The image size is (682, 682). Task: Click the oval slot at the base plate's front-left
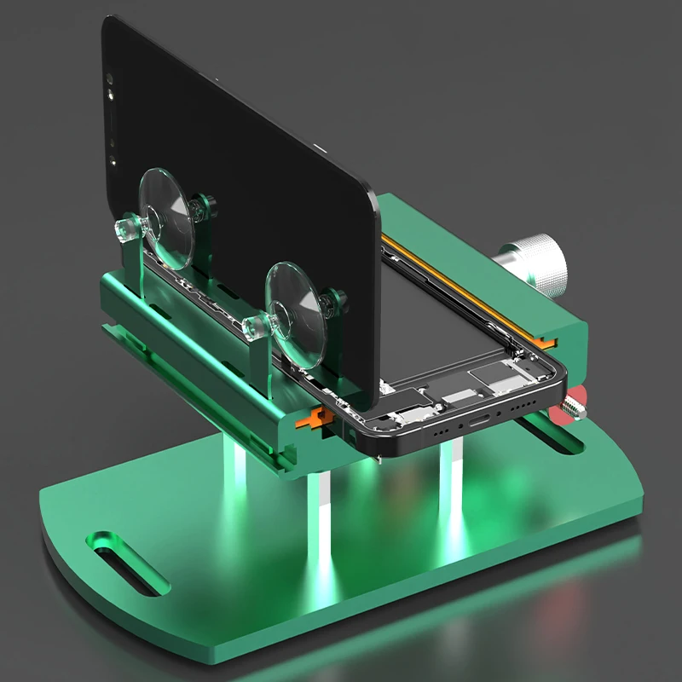pyautogui.click(x=128, y=563)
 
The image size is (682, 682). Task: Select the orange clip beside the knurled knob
pyautogui.click(x=552, y=340)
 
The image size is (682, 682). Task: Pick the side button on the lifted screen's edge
pyautogui.click(x=322, y=150)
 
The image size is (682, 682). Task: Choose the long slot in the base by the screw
pyautogui.click(x=567, y=443)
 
